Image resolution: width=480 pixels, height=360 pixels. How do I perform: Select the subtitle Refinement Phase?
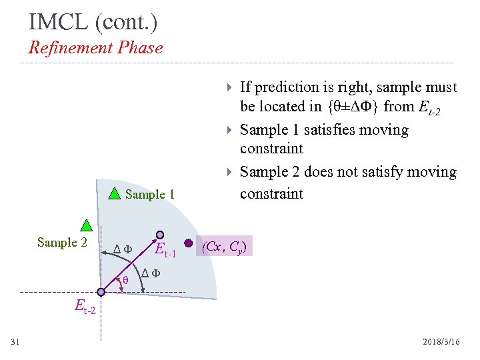point(95,47)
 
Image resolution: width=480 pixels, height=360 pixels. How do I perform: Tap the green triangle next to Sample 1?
point(115,194)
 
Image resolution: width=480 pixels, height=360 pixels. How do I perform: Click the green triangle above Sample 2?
point(86,225)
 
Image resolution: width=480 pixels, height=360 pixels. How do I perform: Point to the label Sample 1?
point(150,195)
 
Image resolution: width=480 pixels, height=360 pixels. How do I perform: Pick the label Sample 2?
point(62,242)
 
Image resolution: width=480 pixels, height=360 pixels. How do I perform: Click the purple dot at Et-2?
point(101,292)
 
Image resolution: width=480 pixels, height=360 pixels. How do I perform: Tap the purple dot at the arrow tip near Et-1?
point(160,235)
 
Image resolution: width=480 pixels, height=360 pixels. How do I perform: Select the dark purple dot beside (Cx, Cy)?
point(189,243)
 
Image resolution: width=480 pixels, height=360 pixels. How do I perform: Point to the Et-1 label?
point(165,251)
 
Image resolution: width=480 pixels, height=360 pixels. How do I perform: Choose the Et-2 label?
point(85,307)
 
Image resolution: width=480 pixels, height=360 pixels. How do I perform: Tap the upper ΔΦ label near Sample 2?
point(123,249)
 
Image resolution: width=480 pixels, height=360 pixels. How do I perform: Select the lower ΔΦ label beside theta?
point(151,273)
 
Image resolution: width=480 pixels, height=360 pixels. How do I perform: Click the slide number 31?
point(15,342)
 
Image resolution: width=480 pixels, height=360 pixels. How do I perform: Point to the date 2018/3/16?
point(441,341)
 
